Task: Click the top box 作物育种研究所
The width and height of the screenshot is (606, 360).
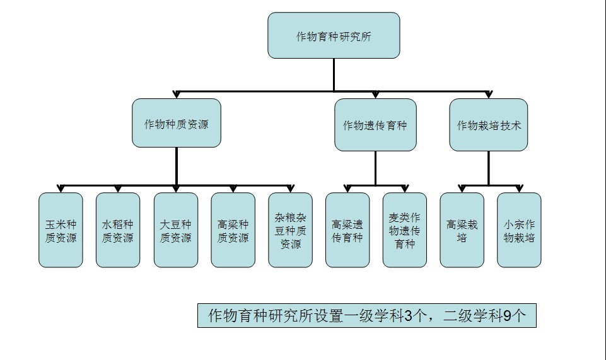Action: [334, 35]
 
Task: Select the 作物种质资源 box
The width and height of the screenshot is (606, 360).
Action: [177, 123]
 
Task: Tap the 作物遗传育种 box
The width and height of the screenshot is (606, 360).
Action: [375, 125]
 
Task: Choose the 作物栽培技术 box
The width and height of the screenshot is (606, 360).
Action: [489, 125]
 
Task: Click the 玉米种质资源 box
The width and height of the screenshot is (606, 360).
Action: [61, 230]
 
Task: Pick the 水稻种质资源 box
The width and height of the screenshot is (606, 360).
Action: [118, 230]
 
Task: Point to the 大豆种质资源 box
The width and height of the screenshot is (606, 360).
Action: [176, 230]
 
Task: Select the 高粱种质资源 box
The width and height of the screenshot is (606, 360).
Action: [233, 230]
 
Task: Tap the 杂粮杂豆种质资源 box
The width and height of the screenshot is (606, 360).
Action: [290, 230]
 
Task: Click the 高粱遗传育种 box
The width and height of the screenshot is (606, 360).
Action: [347, 230]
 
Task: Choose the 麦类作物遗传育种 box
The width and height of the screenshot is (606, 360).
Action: [405, 230]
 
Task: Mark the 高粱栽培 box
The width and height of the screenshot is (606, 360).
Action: [462, 230]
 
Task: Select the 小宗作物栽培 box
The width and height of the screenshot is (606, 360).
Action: [519, 230]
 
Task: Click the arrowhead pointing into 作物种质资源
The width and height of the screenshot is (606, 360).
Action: [177, 95]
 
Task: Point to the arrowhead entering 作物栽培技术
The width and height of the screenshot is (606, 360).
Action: [489, 95]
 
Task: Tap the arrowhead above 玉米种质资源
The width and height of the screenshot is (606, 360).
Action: [61, 189]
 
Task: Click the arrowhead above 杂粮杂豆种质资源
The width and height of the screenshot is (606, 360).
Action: [290, 189]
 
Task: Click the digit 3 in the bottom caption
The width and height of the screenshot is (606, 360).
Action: [408, 316]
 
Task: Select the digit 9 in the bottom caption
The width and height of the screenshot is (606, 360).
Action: [508, 316]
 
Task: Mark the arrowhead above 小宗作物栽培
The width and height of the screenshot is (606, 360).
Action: [519, 189]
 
